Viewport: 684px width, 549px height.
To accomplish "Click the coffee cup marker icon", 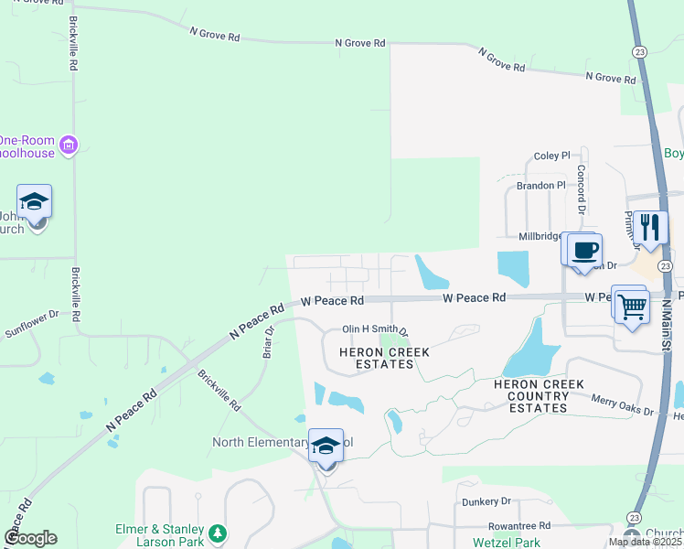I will click(x=584, y=250).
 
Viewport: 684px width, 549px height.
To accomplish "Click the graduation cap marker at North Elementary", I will click(x=326, y=447).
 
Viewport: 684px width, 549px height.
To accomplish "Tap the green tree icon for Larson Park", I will click(x=217, y=533).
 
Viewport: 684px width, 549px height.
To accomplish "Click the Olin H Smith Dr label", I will click(x=374, y=329).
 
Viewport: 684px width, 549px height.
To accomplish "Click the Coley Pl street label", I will click(x=552, y=156).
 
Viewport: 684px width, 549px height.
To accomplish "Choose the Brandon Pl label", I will click(x=541, y=186).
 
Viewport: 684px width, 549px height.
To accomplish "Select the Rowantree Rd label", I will click(x=519, y=526).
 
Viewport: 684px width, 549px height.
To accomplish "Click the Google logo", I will click(x=30, y=538).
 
